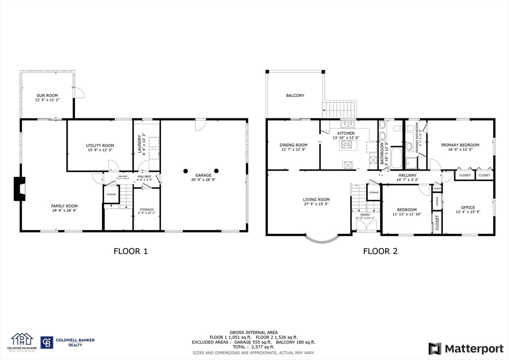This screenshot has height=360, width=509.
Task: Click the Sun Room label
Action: [47, 95]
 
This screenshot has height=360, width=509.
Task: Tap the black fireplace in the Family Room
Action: [19, 188]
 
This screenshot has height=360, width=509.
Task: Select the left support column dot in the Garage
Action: [185, 171]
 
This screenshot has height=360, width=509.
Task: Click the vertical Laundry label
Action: [140, 145]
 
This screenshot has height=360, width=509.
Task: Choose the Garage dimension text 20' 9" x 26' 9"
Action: [203, 180]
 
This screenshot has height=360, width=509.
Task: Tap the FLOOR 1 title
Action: [131, 252]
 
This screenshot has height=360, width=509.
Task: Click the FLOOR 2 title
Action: [380, 252]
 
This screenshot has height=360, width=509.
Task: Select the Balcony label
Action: [295, 95]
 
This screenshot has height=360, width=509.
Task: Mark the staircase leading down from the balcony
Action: [340, 108]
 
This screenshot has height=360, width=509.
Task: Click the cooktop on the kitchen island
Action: [346, 145]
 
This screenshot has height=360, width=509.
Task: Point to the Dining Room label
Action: [293, 145]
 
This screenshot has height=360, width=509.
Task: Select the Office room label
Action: [468, 207]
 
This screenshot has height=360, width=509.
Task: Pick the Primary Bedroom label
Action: [460, 145]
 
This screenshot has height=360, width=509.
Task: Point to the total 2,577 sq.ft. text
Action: [254, 347]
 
